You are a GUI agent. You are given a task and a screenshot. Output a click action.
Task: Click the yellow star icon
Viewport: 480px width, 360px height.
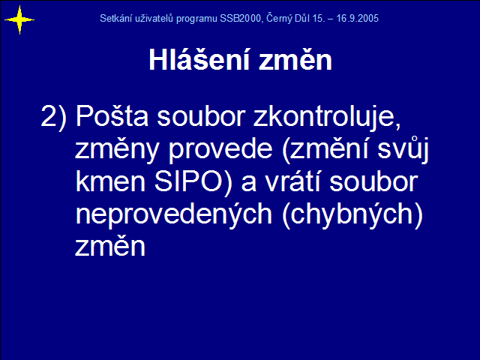point(19,20)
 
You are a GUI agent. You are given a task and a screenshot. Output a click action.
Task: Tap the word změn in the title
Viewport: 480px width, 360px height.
point(295,60)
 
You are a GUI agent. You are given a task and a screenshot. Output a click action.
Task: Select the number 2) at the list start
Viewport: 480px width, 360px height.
point(53,116)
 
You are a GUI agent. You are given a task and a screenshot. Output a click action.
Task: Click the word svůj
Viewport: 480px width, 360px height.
point(403,148)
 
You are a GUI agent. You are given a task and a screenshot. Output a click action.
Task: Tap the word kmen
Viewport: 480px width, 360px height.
point(110,182)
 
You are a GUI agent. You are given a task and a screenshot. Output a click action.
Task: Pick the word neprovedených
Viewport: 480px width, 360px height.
point(173,214)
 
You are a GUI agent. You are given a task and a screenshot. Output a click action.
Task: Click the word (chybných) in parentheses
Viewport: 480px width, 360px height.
point(352,214)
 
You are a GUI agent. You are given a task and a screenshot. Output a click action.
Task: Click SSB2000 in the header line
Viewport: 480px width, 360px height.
point(241,19)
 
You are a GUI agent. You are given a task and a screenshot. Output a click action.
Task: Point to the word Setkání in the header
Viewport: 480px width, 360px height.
point(116,18)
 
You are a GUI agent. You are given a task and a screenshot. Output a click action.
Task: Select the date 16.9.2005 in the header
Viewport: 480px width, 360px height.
point(357,19)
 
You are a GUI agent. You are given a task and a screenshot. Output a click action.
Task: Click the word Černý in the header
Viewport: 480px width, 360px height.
point(279,19)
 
